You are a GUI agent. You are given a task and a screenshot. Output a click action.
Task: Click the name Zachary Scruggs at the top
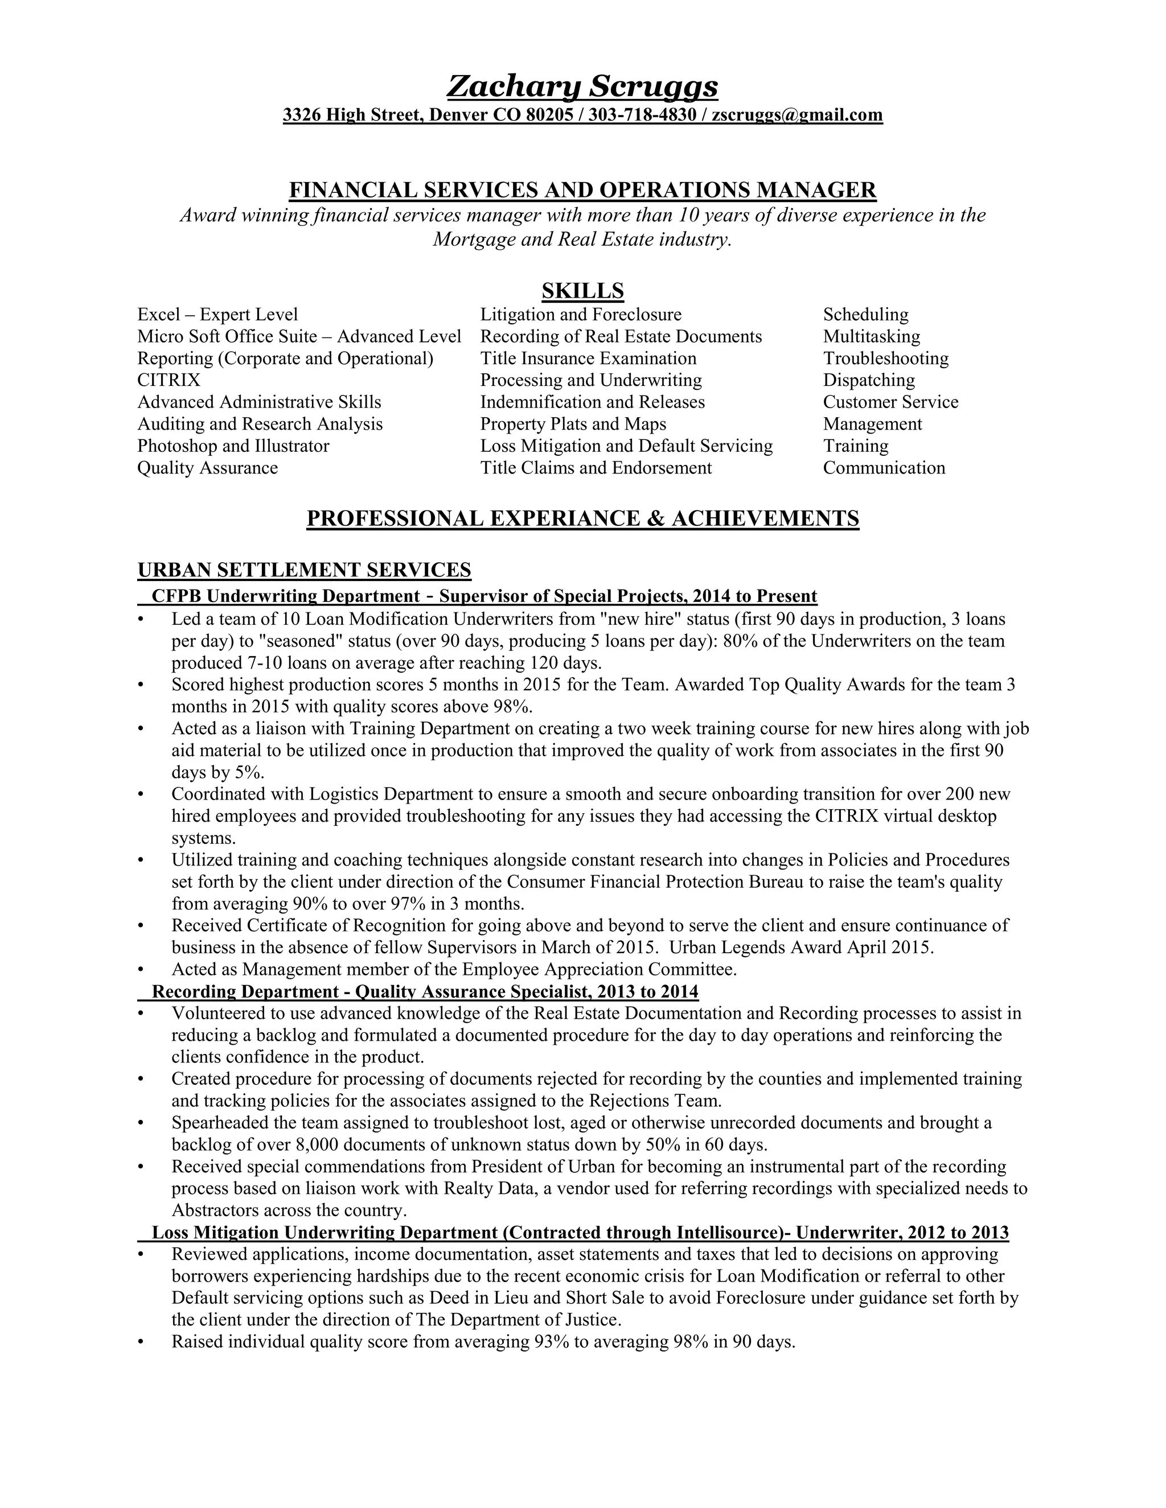click(x=582, y=86)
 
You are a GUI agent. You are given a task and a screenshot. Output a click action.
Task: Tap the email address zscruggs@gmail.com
click(x=797, y=114)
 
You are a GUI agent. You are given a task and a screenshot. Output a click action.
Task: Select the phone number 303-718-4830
click(x=642, y=114)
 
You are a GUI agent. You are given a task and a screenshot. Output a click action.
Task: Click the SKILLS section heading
click(x=582, y=291)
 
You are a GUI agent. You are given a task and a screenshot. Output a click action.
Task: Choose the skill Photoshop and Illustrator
click(x=233, y=446)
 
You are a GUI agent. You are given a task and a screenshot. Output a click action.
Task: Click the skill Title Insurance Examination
click(x=588, y=359)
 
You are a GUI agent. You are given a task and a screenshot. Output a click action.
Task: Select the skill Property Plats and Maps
click(x=573, y=424)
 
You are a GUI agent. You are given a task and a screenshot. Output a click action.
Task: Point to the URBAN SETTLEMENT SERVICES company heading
click(x=304, y=570)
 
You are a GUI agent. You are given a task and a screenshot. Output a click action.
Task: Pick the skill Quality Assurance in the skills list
click(x=207, y=468)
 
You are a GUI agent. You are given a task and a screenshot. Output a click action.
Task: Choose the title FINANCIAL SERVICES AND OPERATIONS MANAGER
click(x=582, y=190)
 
